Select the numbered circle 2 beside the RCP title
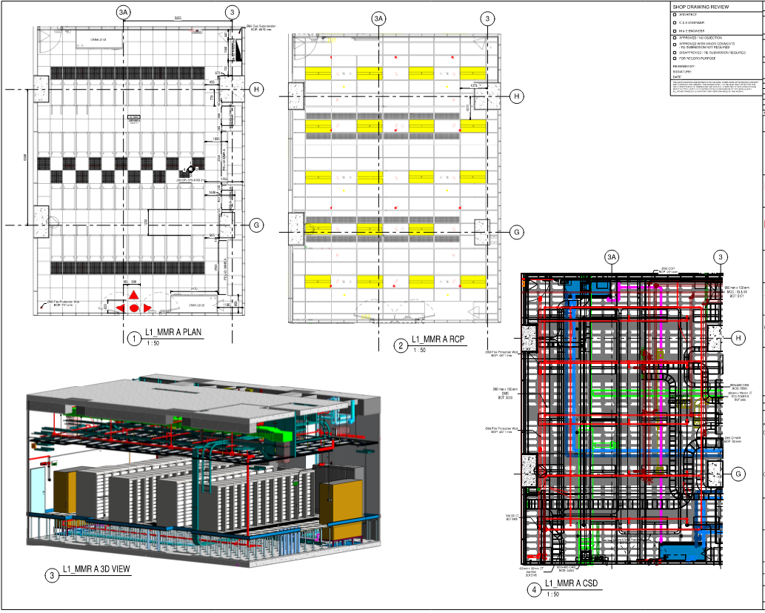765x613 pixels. point(401,345)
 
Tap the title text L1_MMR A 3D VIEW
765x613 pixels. point(96,569)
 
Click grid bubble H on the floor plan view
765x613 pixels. point(257,89)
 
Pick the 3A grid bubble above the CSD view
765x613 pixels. point(612,257)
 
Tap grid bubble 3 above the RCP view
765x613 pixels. point(487,18)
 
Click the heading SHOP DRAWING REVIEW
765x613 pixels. point(700,7)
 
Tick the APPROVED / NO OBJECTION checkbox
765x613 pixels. point(674,36)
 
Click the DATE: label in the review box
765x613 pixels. point(677,76)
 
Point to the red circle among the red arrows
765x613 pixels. point(133,308)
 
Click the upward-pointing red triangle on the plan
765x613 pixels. point(133,296)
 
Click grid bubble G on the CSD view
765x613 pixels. point(738,474)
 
